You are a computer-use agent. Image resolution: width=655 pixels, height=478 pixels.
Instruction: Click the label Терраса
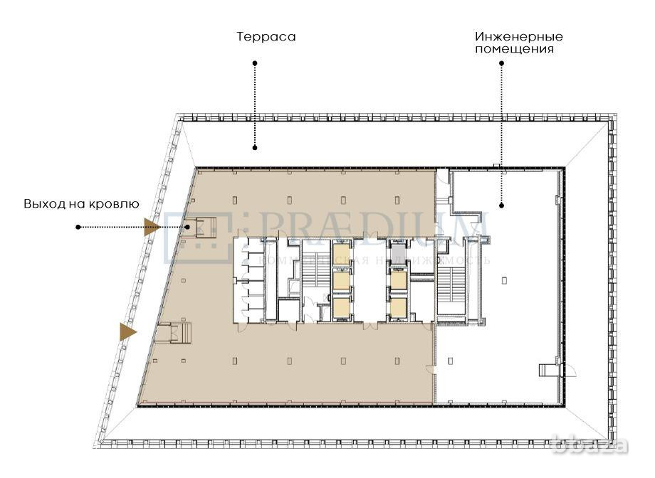pos(266,36)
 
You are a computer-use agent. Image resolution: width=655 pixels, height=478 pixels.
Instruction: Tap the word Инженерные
pos(518,36)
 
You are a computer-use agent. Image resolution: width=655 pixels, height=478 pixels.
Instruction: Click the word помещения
pos(518,49)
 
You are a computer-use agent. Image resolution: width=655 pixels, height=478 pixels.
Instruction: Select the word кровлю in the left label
pos(114,203)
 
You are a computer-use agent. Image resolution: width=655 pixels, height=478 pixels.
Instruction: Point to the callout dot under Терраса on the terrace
pos(255,148)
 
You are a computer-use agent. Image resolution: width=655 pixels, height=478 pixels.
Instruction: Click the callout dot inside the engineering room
pos(502,206)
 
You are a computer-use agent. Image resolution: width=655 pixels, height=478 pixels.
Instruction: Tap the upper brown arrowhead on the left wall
pos(152,228)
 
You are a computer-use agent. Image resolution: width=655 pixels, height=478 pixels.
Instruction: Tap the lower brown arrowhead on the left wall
pos(127,331)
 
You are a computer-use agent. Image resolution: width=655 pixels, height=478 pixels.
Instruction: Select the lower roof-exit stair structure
pos(174,333)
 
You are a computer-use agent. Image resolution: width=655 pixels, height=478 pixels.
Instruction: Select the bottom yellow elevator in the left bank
pos(342,307)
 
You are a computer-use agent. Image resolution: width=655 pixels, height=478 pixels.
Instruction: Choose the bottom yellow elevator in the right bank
pos(398,307)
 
